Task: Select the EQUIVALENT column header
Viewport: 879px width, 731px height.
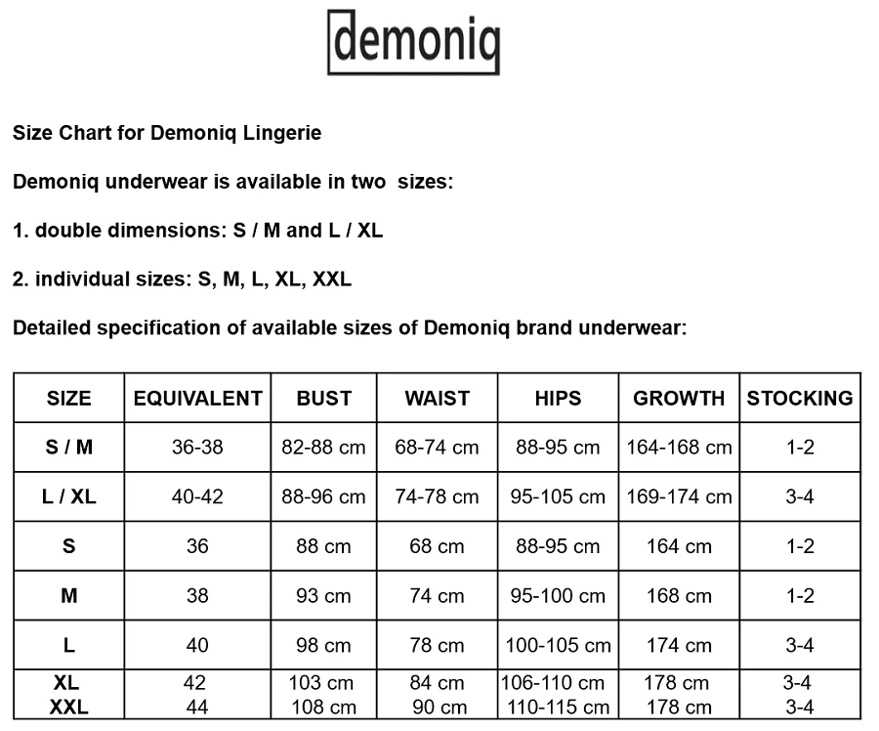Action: click(197, 398)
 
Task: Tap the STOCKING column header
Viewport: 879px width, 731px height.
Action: click(799, 398)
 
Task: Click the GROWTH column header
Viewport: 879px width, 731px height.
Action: click(679, 398)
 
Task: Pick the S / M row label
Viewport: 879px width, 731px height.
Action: click(68, 448)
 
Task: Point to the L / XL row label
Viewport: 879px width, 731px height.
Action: click(68, 496)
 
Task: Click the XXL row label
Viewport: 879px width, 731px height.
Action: click(68, 707)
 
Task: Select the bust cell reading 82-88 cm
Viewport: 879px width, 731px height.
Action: click(323, 448)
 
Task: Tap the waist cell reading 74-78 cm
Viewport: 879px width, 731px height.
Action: click(437, 496)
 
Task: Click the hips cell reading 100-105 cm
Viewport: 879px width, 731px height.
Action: click(558, 645)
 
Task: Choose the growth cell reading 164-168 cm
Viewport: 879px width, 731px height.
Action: click(679, 448)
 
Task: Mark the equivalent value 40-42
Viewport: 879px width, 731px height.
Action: click(197, 496)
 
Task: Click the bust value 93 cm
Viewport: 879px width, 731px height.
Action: click(323, 595)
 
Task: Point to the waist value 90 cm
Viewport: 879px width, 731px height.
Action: click(437, 707)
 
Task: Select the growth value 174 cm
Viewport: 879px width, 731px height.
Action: click(679, 645)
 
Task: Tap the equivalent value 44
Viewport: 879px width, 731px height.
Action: click(197, 707)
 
